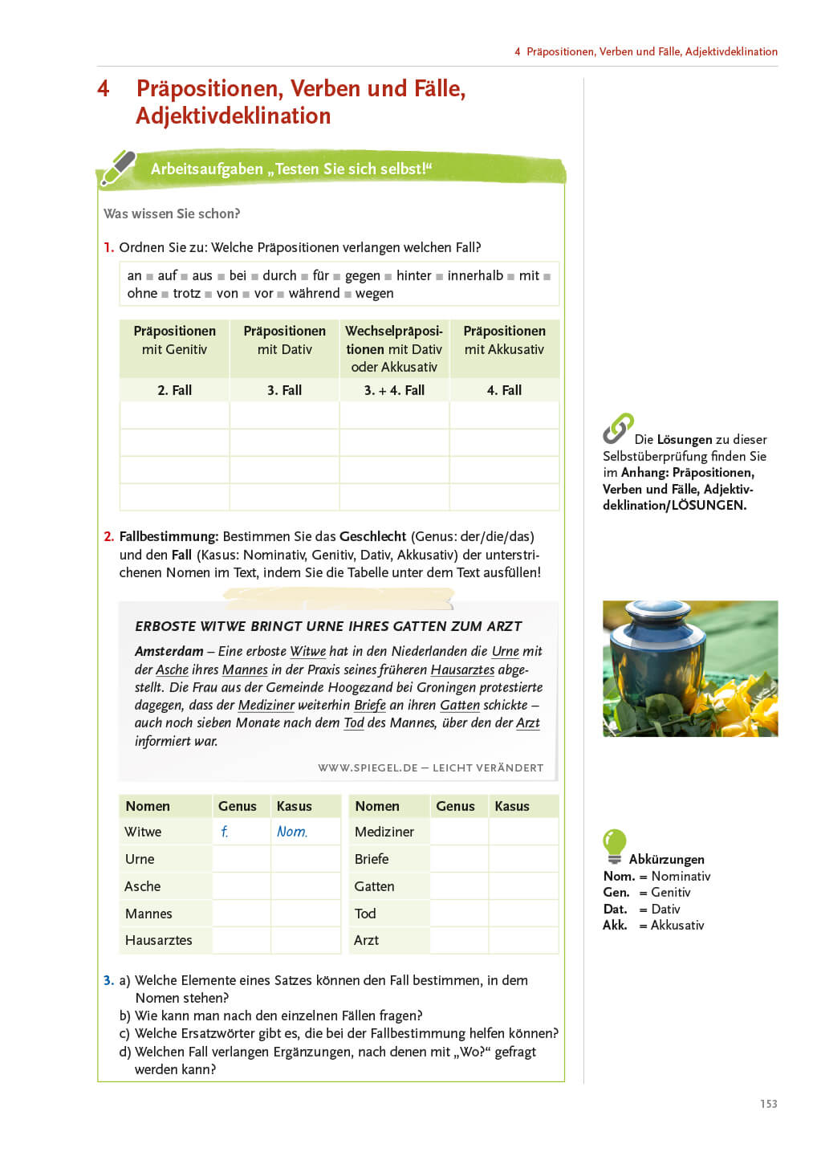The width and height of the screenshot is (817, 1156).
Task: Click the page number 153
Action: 768,1104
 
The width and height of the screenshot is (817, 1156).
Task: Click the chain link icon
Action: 618,428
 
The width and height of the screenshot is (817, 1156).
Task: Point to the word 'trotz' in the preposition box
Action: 186,294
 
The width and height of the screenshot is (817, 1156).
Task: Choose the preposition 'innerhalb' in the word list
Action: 475,275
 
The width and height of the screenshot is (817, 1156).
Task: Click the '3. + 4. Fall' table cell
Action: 394,390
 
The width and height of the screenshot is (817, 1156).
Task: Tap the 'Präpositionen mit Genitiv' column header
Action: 174,340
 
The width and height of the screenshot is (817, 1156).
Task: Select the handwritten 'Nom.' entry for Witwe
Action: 292,832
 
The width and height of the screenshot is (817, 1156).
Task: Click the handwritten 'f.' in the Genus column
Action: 225,832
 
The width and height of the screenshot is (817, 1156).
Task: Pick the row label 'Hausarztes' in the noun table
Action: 159,940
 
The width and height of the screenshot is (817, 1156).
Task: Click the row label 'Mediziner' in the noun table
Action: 384,832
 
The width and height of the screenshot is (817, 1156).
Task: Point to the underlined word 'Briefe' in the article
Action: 370,705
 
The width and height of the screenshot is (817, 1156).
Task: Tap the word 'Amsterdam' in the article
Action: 169,651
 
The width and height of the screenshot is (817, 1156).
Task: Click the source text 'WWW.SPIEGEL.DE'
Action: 368,767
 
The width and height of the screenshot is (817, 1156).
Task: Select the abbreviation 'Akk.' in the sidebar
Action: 615,925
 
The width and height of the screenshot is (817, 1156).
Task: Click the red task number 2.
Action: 108,536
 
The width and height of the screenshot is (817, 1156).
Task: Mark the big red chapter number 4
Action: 104,88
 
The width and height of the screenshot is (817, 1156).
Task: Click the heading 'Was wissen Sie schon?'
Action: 172,214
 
